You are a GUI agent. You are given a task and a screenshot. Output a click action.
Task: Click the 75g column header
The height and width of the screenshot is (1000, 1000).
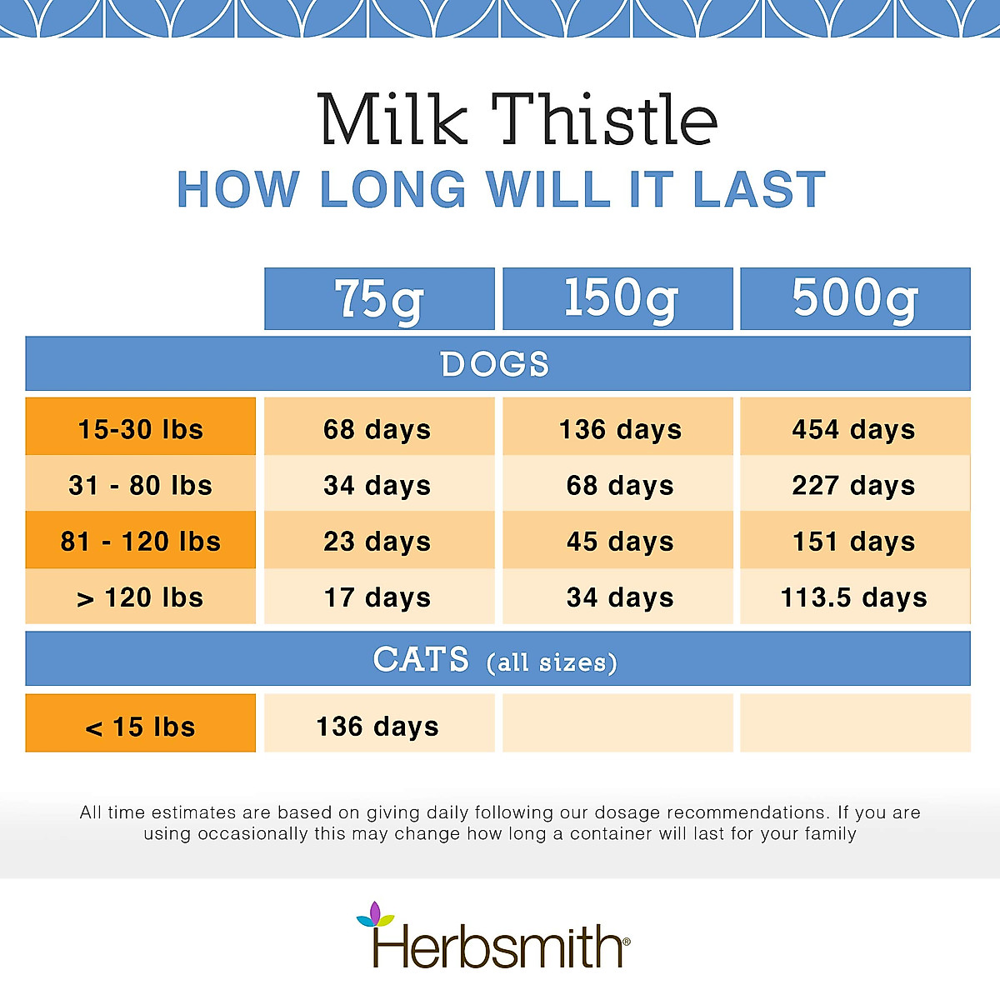[379, 299]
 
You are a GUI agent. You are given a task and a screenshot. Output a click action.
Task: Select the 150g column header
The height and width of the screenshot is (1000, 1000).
[618, 299]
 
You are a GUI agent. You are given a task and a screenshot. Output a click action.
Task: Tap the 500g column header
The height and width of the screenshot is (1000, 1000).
[855, 299]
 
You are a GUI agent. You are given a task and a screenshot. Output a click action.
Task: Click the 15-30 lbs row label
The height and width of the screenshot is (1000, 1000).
[141, 429]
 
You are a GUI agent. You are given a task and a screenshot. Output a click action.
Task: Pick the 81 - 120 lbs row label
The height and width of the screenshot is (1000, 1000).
[141, 542]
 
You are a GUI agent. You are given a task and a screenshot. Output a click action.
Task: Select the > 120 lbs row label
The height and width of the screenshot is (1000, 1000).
[141, 597]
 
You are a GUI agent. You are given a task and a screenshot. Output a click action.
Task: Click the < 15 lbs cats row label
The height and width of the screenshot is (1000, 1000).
[141, 727]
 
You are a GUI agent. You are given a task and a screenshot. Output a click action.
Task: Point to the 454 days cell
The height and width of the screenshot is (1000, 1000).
[854, 429]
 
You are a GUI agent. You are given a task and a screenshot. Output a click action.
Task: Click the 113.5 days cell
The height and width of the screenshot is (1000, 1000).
[854, 597]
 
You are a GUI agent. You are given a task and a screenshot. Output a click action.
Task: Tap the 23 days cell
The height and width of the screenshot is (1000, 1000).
[377, 542]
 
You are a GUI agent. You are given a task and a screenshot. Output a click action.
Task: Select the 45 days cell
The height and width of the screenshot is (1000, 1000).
[620, 542]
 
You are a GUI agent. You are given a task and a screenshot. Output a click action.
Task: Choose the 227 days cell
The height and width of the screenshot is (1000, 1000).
[854, 485]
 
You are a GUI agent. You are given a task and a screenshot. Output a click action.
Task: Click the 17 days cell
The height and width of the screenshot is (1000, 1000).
[377, 597]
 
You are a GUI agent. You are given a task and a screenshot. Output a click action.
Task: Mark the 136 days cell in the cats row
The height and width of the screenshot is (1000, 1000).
[377, 726]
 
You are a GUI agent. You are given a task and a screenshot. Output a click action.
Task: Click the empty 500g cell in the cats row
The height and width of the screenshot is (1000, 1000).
[855, 722]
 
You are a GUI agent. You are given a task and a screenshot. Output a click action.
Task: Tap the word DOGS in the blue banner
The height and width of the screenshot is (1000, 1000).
[495, 364]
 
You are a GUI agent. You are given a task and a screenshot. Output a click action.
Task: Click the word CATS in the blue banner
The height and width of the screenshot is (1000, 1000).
[422, 660]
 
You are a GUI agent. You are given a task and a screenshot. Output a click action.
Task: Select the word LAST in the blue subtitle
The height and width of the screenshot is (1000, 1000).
[759, 189]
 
